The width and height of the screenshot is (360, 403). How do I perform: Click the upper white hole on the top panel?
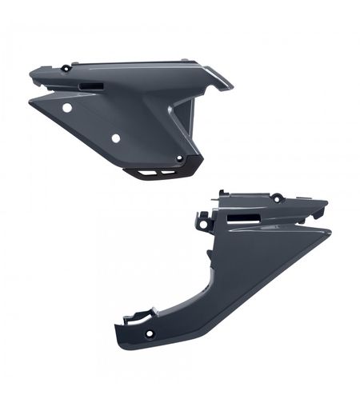[67, 106]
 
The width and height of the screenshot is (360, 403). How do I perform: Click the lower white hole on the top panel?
[115, 138]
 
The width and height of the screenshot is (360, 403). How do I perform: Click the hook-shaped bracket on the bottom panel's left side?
[202, 216]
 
